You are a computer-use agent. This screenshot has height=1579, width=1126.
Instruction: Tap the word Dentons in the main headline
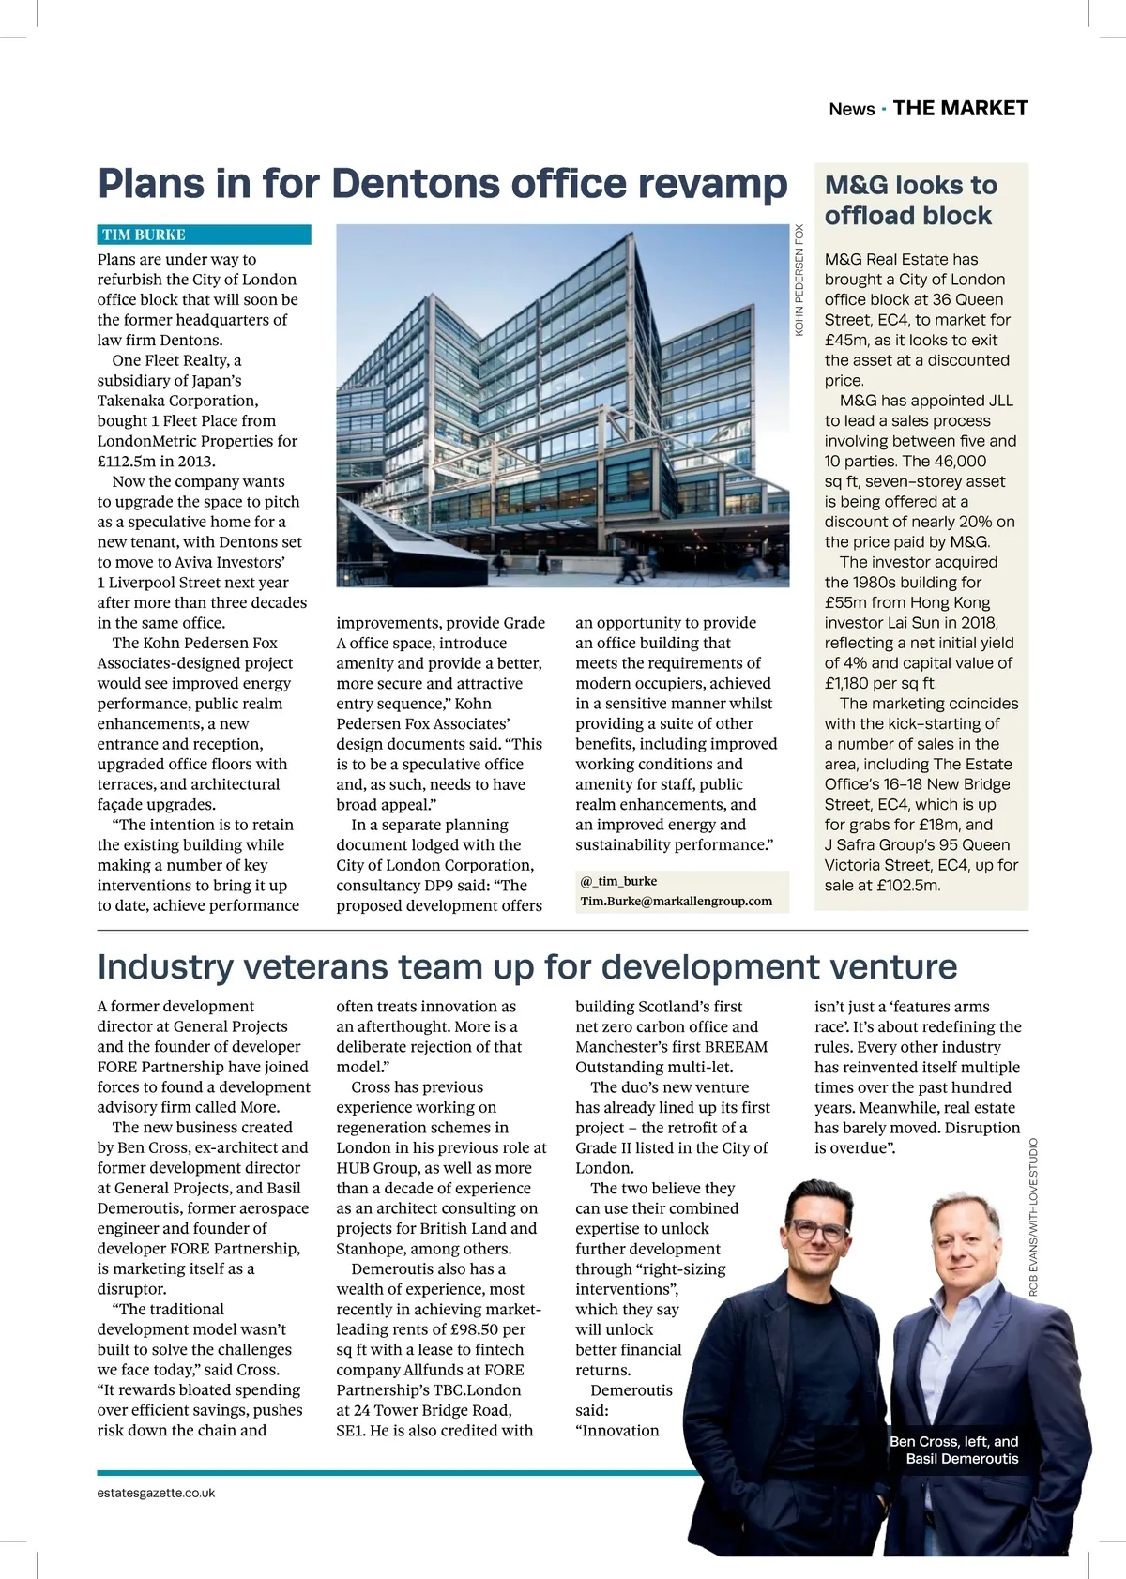point(416,183)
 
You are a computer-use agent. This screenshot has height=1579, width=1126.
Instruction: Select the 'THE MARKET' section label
point(960,108)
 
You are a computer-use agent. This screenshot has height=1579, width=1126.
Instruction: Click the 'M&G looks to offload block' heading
point(910,200)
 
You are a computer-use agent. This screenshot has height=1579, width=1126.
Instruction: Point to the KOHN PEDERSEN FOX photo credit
point(799,280)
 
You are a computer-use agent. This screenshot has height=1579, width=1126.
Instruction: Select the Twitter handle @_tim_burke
point(618,881)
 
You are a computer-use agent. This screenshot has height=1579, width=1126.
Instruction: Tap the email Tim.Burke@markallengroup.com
point(677,902)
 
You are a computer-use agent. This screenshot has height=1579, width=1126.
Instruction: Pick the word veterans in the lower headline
point(307,966)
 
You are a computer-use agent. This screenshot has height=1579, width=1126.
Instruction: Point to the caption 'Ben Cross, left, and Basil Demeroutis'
point(954,1450)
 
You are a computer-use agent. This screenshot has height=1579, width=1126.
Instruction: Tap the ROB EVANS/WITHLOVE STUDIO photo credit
point(1033,1217)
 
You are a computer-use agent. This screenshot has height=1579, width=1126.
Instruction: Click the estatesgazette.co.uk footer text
point(156,1493)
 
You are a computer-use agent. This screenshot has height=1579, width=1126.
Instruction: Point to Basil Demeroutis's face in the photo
point(966,1242)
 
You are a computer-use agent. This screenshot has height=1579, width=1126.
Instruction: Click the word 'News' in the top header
point(851,109)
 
